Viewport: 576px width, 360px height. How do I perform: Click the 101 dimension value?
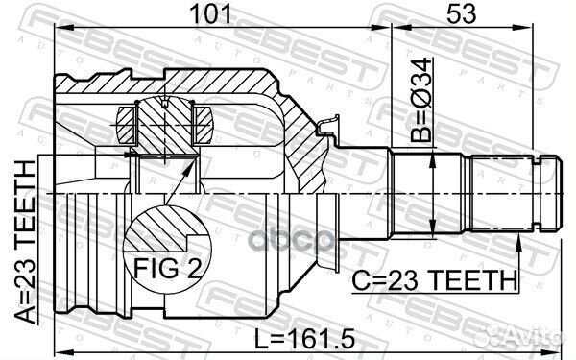[212, 13]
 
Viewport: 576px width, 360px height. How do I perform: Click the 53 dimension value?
[462, 13]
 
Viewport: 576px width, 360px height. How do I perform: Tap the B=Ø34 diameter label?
[421, 99]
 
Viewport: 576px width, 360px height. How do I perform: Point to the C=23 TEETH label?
[435, 279]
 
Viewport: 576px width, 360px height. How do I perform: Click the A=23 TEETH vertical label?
[25, 243]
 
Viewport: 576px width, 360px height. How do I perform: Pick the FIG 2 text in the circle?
[167, 268]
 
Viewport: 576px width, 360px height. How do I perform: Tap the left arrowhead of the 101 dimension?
[63, 27]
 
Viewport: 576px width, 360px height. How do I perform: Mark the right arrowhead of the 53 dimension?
[523, 27]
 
